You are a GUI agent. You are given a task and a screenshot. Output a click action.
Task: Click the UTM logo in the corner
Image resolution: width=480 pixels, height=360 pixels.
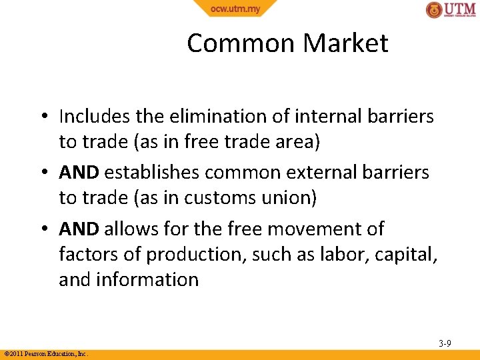click(x=451, y=10)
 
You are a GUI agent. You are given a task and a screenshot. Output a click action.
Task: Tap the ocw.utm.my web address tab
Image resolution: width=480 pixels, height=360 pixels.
click(x=235, y=9)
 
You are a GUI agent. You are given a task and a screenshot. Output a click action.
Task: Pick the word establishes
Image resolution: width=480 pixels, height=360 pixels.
click(x=152, y=173)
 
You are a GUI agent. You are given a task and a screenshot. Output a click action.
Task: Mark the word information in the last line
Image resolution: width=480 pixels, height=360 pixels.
click(x=149, y=279)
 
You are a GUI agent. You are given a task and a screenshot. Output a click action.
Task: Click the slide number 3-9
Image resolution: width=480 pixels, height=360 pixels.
click(x=445, y=343)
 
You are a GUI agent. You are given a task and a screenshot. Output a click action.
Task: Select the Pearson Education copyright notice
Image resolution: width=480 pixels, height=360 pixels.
click(x=46, y=354)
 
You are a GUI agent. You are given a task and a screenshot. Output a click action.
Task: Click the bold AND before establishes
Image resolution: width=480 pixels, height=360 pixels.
click(x=79, y=173)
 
